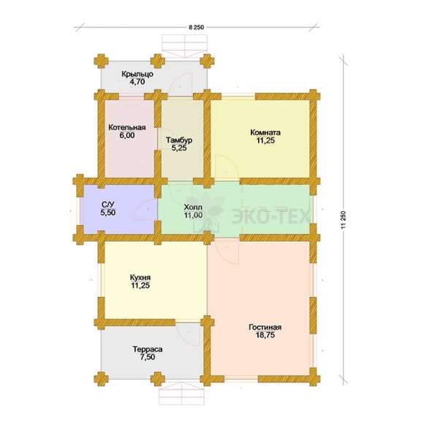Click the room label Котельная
pos(127,128)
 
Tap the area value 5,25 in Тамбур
pos(179,148)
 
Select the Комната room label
pos(265,132)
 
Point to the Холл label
pos(193,208)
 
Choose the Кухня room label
pos(140,278)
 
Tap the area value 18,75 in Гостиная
pos(265,335)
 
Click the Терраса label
pos(148,349)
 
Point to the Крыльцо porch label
pos(137,74)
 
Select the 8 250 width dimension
pos(197,27)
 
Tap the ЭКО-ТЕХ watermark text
pos(270,216)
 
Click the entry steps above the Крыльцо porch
pos(185,46)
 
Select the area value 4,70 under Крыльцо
pos(137,81)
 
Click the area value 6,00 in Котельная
pos(126,135)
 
